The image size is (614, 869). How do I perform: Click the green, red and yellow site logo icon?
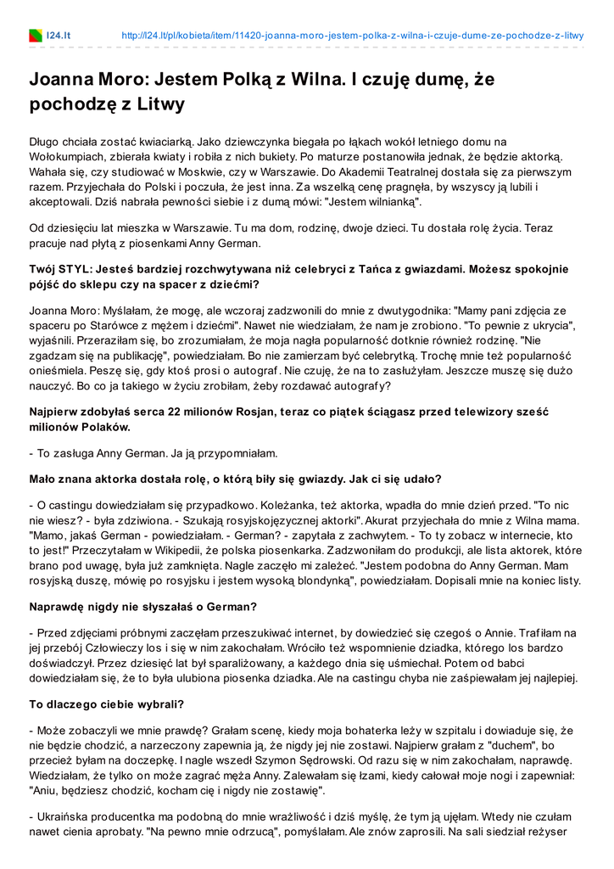(x=36, y=36)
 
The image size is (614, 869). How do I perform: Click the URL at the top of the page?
(x=353, y=36)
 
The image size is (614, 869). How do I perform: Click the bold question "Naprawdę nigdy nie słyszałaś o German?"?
(x=142, y=608)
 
